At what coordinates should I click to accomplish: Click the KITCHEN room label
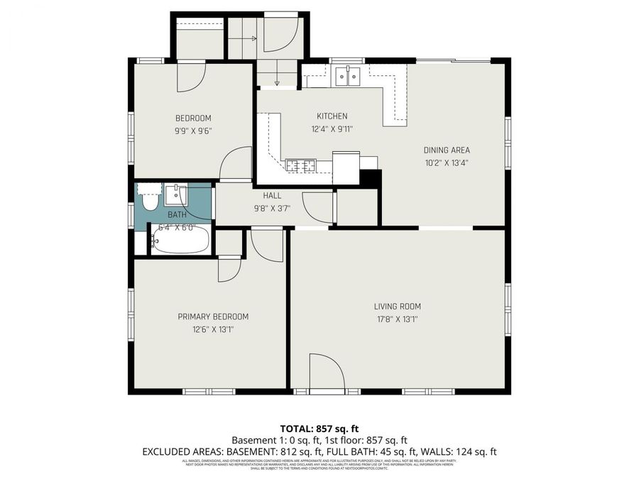pyautogui.click(x=332, y=116)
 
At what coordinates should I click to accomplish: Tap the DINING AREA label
pyautogui.click(x=447, y=150)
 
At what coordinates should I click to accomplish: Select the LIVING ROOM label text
pyautogui.click(x=398, y=307)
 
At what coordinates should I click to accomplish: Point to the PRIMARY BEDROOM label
pyautogui.click(x=213, y=316)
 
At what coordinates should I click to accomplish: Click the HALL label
pyautogui.click(x=272, y=196)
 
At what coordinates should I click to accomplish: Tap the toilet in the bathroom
pyautogui.click(x=150, y=197)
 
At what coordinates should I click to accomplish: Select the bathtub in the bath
pyautogui.click(x=180, y=240)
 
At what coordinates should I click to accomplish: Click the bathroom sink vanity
pyautogui.click(x=175, y=194)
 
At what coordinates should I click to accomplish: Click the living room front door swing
pyautogui.click(x=327, y=373)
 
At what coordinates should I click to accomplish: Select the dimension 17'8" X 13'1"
pyautogui.click(x=398, y=319)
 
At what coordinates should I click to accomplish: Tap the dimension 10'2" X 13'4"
pyautogui.click(x=447, y=163)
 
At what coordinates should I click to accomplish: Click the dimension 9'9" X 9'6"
pyautogui.click(x=193, y=131)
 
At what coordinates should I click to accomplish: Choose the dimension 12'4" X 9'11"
pyautogui.click(x=332, y=129)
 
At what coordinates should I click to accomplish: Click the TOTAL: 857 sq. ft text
pyautogui.click(x=319, y=429)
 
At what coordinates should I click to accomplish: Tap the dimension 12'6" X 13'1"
pyautogui.click(x=213, y=329)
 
